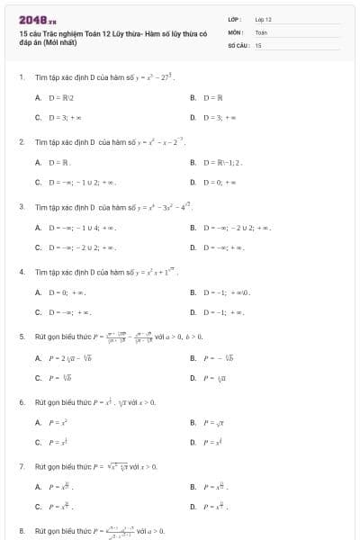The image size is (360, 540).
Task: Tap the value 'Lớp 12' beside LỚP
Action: pos(263,18)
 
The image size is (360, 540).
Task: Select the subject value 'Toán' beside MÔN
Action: pos(261,31)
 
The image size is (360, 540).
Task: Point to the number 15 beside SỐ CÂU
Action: pos(258,44)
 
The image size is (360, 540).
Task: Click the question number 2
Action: pos(21,142)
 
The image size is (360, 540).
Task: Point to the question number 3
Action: pos(21,207)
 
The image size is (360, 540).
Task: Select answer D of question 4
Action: pos(221,311)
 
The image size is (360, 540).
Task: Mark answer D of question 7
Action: pos(216,506)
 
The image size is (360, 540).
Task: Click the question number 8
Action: pos(21,531)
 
